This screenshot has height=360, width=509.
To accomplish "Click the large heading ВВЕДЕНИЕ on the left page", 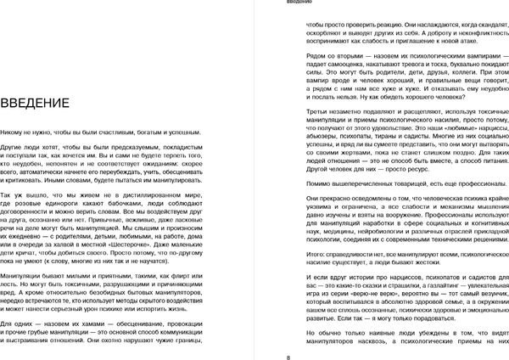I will pos(35,104).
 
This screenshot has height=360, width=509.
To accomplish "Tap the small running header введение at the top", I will pos(299,3).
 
